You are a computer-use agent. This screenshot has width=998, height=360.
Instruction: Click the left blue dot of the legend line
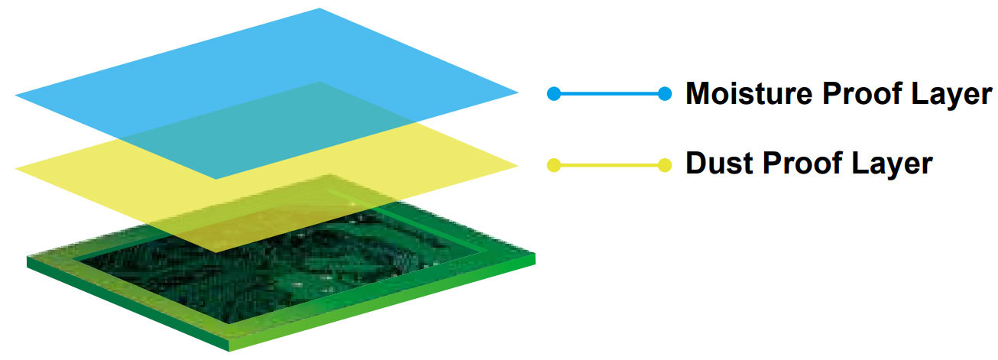pos(554,93)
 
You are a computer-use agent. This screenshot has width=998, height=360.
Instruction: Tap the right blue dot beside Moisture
pos(665,93)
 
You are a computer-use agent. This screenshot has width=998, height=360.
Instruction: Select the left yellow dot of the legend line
pos(554,165)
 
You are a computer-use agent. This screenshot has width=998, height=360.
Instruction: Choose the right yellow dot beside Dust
pos(665,165)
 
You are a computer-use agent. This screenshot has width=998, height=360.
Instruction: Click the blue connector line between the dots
pos(609,93)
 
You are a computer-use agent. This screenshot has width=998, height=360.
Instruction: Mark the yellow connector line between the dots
pos(609,165)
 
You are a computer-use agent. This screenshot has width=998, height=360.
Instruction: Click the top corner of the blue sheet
pos(319,8)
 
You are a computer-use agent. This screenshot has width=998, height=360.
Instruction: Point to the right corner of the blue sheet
pos(519,92)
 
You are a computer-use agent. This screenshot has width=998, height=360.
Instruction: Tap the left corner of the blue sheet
pos(15,95)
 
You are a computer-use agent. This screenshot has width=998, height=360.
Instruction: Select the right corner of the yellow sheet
pos(519,166)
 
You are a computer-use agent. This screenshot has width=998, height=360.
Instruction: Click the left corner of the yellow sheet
pos(15,168)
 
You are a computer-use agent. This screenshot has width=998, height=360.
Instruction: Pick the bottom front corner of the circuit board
pos(228,352)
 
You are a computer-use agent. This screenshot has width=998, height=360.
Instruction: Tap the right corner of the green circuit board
pos(535,255)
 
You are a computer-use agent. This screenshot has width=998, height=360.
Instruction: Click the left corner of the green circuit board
pos(27,257)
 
